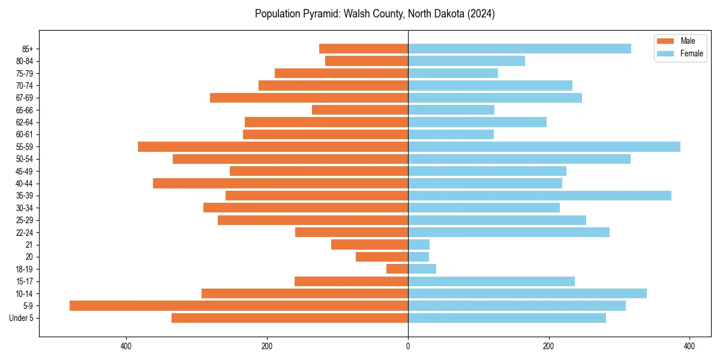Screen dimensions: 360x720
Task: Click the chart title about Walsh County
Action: click(374, 14)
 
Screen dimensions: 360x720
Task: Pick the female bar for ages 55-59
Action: click(544, 146)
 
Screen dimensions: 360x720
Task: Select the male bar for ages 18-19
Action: click(397, 269)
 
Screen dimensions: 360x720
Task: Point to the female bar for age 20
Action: click(418, 257)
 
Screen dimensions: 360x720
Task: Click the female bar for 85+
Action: click(519, 49)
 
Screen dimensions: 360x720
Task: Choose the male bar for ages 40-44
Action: click(280, 183)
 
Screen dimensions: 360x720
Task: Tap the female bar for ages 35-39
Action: click(539, 196)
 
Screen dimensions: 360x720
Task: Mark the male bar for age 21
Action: click(370, 244)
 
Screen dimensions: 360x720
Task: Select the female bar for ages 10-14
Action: click(527, 293)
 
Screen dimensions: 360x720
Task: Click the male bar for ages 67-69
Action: click(309, 98)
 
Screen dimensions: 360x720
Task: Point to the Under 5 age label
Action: click(22, 318)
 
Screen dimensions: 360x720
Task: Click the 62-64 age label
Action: click(25, 122)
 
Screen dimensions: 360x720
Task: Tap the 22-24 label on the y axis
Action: click(25, 232)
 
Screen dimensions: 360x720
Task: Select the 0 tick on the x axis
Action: click(408, 346)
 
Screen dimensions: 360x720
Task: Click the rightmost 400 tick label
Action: click(689, 346)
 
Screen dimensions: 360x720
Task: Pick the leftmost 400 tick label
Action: click(126, 346)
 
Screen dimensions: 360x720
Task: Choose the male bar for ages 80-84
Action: click(367, 61)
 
